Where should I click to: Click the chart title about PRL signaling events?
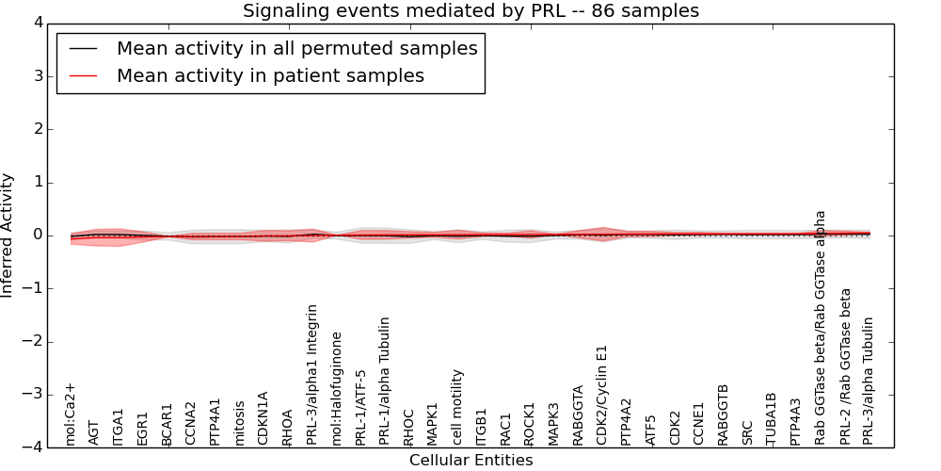click(x=470, y=11)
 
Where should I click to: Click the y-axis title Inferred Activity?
click(x=8, y=235)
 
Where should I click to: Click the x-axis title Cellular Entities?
click(x=470, y=461)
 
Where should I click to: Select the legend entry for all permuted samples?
click(x=296, y=48)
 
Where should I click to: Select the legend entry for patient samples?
click(x=270, y=76)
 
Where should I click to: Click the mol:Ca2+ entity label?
click(x=70, y=414)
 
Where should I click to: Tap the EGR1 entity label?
click(x=143, y=428)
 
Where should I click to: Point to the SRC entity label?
click(x=747, y=432)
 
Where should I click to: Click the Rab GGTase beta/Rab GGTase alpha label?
click(x=821, y=327)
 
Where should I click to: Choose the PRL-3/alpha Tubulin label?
click(x=869, y=381)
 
